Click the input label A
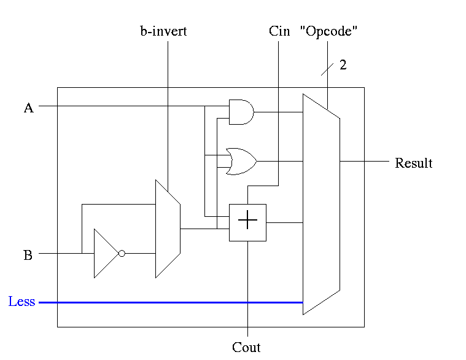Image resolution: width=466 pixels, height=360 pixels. tap(28, 108)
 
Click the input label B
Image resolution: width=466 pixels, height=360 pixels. tap(28, 255)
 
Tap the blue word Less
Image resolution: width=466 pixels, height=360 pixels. tap(21, 302)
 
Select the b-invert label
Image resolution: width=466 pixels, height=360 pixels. tap(163, 31)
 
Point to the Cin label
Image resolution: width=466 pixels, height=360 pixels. tap(279, 31)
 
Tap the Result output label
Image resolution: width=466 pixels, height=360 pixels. tap(413, 163)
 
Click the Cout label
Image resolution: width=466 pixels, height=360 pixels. tap(246, 348)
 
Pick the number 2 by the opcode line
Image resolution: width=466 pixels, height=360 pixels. tap(343, 65)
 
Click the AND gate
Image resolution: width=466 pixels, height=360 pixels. tap(241, 112)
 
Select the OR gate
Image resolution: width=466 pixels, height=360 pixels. tap(240, 161)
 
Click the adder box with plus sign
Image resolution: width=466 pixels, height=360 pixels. tap(247, 222)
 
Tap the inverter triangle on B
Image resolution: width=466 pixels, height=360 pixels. tap(105, 253)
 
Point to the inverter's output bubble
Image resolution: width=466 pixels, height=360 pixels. tap(122, 253)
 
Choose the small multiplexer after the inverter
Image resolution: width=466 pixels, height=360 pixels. tap(167, 229)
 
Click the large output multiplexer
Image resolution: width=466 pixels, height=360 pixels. tap(320, 203)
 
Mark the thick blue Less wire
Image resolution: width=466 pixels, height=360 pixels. tap(172, 302)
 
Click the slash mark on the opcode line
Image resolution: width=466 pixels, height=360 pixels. tap(327, 67)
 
